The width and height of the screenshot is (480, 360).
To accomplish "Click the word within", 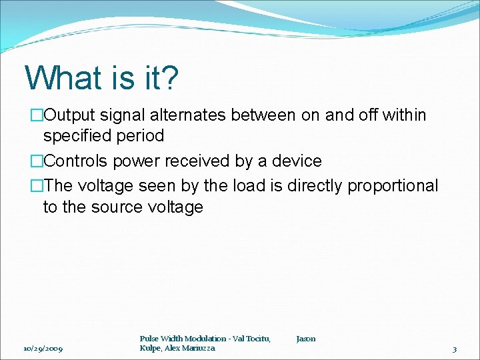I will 404,115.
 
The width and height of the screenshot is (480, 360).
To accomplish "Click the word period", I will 139,136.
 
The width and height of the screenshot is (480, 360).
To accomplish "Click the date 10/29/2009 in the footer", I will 43,349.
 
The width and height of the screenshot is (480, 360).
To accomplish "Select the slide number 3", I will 454,349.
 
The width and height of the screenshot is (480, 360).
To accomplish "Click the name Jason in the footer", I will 306,339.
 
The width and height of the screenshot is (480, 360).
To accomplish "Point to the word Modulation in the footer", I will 204,339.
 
